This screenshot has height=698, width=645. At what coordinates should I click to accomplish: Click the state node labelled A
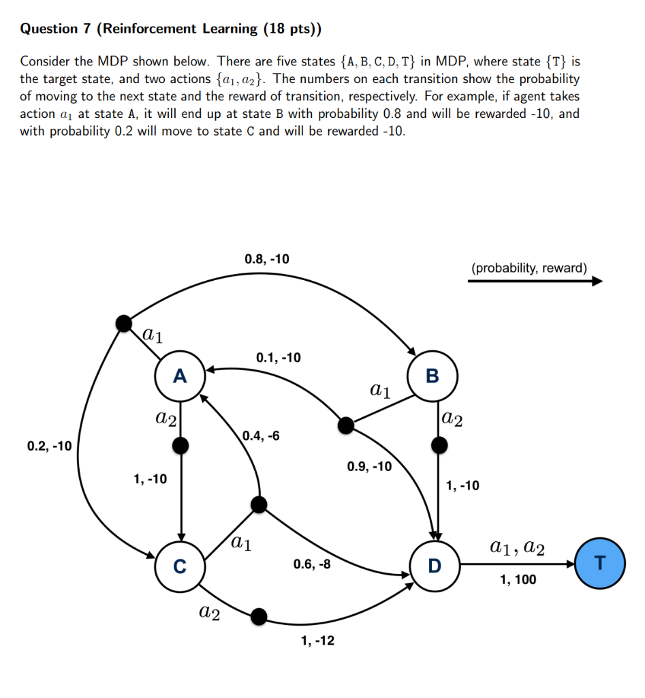[180, 376]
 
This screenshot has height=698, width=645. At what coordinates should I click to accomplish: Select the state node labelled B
[432, 376]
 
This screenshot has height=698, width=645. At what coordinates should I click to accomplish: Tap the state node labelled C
[180, 566]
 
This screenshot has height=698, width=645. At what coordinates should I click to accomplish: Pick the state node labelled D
[435, 565]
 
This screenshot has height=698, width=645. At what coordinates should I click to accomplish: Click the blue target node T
[599, 563]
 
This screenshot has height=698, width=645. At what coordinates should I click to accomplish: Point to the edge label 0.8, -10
[266, 259]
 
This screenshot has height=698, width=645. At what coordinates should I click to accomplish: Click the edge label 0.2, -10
[49, 446]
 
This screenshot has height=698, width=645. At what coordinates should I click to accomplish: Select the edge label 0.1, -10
[278, 357]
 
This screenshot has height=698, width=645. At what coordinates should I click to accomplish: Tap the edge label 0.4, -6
[260, 436]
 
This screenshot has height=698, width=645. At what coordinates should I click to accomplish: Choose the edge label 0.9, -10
[369, 467]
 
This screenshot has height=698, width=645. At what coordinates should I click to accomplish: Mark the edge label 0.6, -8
[312, 564]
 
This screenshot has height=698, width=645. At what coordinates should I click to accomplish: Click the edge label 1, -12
[317, 641]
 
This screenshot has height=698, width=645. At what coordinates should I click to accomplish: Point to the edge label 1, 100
[518, 580]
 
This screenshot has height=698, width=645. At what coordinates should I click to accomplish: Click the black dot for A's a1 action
[124, 323]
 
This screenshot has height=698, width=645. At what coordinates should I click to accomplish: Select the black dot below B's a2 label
[440, 446]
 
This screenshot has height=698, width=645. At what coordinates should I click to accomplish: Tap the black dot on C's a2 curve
[258, 616]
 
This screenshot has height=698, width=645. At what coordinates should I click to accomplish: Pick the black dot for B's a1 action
[346, 426]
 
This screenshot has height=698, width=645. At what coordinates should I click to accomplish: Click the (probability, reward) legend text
[529, 268]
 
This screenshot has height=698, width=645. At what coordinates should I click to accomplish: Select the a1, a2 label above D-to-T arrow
[517, 547]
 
